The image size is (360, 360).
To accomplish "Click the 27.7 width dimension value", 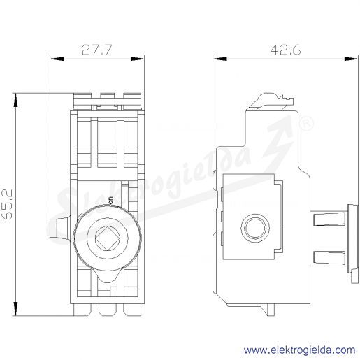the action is [x=97, y=50].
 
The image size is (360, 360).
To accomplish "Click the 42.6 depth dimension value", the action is [x=285, y=50].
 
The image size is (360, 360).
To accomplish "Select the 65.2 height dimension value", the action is [x=8, y=204].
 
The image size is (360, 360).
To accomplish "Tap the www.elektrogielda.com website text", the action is [x=299, y=350].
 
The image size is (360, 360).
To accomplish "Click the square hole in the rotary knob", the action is [x=107, y=238].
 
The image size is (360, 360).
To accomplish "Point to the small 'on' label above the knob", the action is [x=111, y=201].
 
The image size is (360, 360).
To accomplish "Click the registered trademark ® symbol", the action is [x=306, y=124].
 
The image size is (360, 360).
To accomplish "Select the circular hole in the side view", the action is [x=255, y=227].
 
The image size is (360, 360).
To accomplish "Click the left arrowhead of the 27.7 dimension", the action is [x=57, y=59].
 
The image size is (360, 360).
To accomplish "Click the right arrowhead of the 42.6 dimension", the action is [x=352, y=59].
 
